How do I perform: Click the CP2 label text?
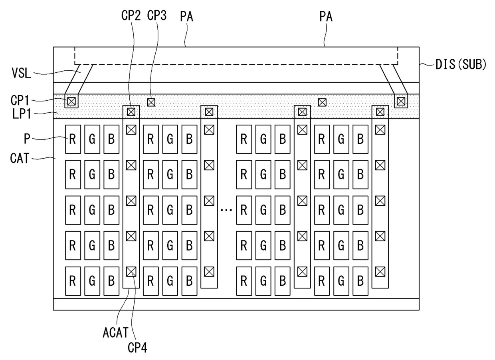(131, 16)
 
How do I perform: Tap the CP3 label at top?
(156, 16)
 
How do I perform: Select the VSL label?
(22, 73)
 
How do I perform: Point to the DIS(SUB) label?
(461, 64)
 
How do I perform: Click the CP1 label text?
(20, 100)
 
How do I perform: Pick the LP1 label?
(22, 114)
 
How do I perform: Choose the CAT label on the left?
(20, 158)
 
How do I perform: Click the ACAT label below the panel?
(116, 332)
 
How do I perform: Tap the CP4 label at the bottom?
(137, 347)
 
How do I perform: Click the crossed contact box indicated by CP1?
(71, 101)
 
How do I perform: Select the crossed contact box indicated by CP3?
(151, 102)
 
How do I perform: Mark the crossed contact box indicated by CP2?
(131, 112)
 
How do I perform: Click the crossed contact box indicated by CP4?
(131, 272)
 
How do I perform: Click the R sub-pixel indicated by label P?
(73, 139)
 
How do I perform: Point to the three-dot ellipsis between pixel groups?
(226, 210)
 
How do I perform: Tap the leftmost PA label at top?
(187, 17)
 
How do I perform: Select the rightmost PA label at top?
(326, 17)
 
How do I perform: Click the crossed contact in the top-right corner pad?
(401, 101)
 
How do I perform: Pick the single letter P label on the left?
(27, 139)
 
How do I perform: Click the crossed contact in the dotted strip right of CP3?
(322, 102)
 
